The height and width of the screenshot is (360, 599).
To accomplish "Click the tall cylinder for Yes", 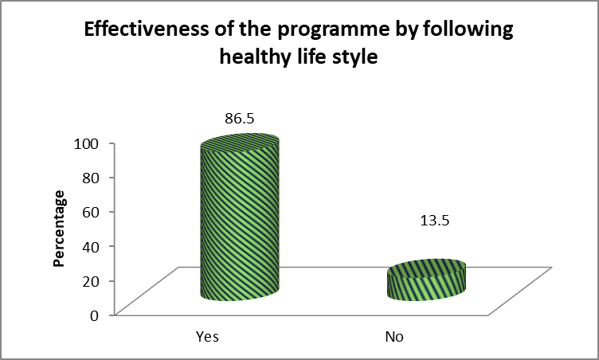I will (x=240, y=219).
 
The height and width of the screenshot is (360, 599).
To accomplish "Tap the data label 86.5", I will (x=240, y=119).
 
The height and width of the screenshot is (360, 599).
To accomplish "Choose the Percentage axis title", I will (x=60, y=229).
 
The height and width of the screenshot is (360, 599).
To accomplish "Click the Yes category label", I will (x=207, y=336).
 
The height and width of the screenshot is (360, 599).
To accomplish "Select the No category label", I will (x=393, y=336).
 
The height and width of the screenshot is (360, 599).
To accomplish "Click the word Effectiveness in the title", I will (x=148, y=32).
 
